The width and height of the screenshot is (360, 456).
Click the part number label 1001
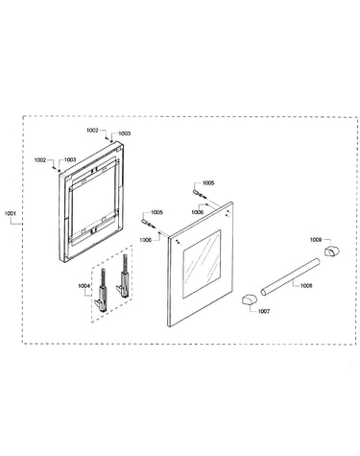coord(11,213)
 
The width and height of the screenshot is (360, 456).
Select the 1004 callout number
coord(84,286)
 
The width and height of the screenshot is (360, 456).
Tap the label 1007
coord(264,311)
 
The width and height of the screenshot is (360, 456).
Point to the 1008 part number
coord(306,286)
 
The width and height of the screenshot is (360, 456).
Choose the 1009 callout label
coord(316,239)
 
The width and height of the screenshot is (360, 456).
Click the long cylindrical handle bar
coord(290,276)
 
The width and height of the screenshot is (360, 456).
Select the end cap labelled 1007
coord(249,300)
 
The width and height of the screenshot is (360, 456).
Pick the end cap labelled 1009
coord(331,251)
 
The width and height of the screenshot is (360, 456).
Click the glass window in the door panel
coord(202,264)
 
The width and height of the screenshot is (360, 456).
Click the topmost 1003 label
coord(125,133)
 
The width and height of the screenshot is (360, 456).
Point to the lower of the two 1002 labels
coord(40,160)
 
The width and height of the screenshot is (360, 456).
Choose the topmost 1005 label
coord(208,183)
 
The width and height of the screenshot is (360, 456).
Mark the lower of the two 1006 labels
coord(145,239)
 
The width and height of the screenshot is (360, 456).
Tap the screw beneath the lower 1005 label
coord(147,223)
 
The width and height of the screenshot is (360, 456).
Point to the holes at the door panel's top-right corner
coord(227,214)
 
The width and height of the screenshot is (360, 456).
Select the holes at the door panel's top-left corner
coord(178,242)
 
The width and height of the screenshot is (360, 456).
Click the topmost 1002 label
coord(92,131)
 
